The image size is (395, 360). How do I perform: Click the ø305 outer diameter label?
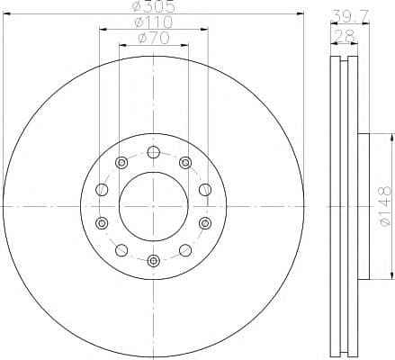[x=153, y=7]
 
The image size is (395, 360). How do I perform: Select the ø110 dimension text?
[x=153, y=22]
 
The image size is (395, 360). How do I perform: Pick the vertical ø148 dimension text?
[x=384, y=205]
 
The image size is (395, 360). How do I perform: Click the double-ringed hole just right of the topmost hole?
[x=185, y=162]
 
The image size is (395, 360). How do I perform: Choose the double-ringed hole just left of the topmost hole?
[x=121, y=162]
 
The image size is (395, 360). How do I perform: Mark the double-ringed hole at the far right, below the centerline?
[x=206, y=222]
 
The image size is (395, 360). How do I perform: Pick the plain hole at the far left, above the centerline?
[x=101, y=189]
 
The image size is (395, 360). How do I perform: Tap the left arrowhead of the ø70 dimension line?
[x=121, y=43]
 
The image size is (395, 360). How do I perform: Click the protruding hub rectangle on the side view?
[x=364, y=205]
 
